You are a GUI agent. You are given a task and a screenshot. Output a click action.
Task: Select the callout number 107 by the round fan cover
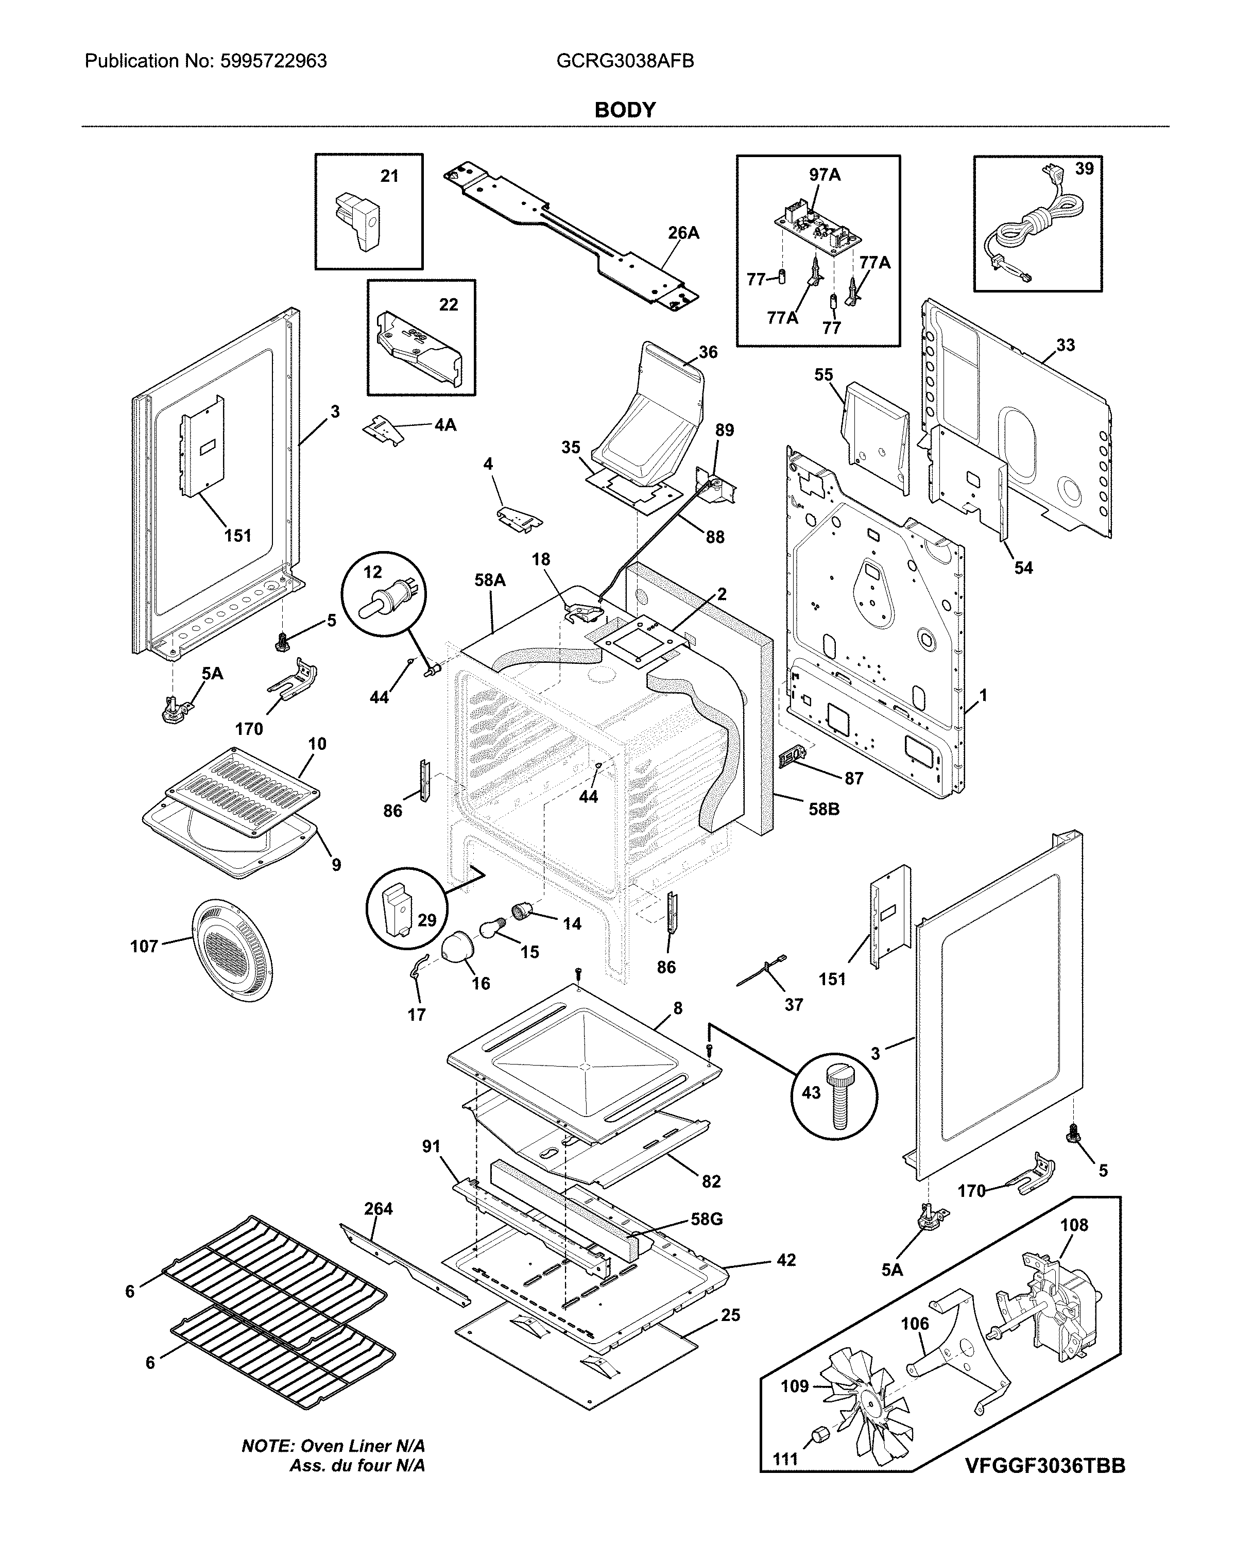click(x=143, y=947)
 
